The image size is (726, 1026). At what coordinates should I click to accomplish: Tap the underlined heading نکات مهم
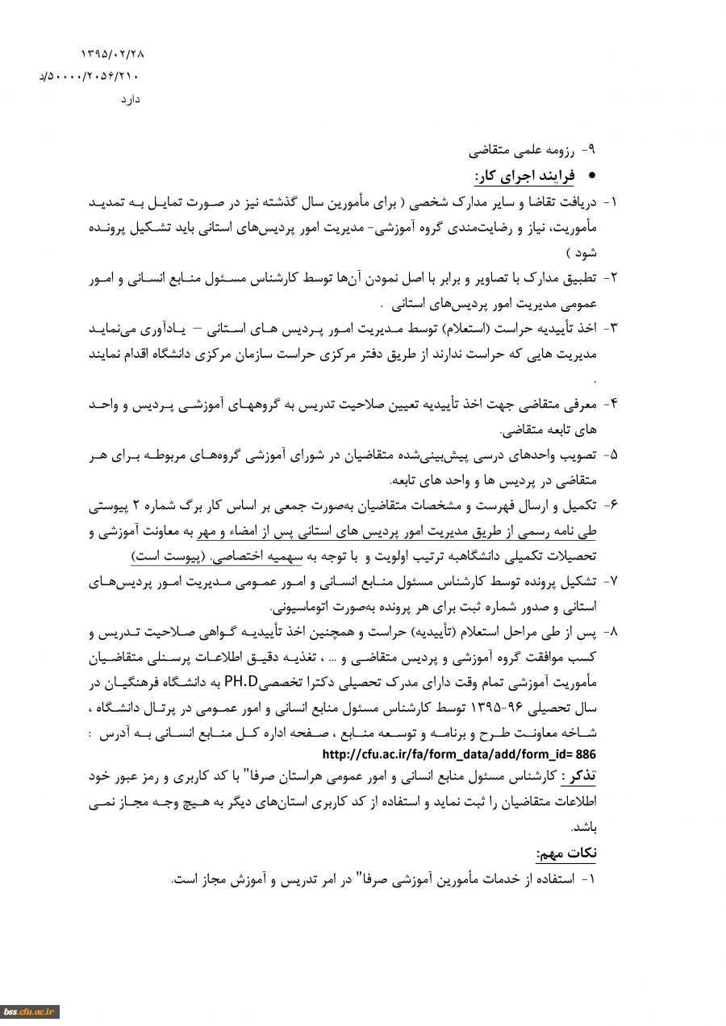(566, 853)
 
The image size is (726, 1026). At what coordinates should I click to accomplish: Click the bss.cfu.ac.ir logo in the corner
(29, 1011)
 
